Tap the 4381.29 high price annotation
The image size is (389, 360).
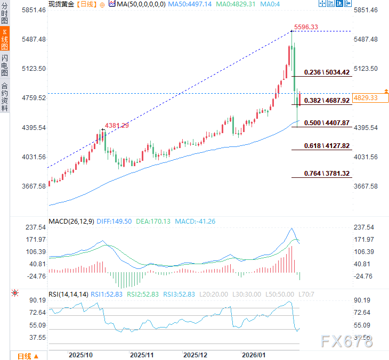pyautogui.click(x=117, y=125)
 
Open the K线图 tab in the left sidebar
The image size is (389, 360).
pyautogui.click(x=5, y=40)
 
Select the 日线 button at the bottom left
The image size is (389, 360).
pyautogui.click(x=24, y=356)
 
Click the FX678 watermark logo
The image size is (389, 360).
pyautogui.click(x=347, y=341)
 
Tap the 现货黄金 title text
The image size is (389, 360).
pyautogui.click(x=61, y=4)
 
